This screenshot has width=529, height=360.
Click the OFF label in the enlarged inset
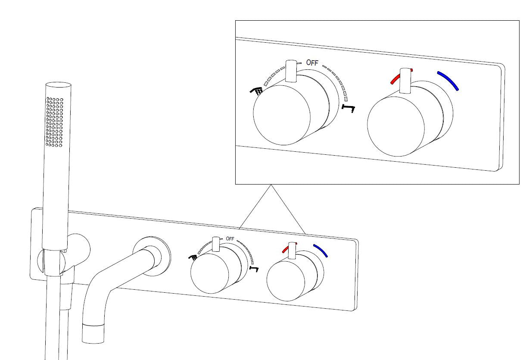point(312,63)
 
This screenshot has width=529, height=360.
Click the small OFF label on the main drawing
point(230,239)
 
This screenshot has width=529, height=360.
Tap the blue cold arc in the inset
point(448,81)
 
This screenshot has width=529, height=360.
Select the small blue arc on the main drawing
point(321,250)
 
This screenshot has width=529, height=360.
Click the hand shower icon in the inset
point(256,91)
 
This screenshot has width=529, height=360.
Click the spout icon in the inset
point(349,109)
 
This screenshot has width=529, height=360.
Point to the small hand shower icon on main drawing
point(193,257)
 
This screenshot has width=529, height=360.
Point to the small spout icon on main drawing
point(254,269)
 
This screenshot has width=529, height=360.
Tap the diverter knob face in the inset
point(282,115)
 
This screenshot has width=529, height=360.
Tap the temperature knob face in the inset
point(396,126)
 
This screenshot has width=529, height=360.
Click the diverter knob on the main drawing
point(209,273)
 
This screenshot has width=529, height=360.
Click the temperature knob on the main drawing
point(286,281)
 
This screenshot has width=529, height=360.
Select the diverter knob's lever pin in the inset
point(291,71)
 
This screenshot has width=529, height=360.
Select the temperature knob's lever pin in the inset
point(405,81)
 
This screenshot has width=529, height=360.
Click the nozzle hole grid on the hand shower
point(55,122)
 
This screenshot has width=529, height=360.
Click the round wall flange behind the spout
point(152,256)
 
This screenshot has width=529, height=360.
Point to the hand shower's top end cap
point(58,85)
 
